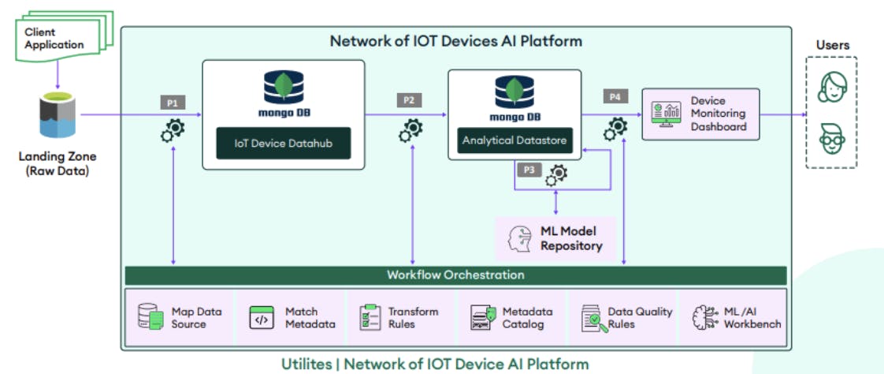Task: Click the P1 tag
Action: pyautogui.click(x=173, y=103)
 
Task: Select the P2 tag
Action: pyautogui.click(x=408, y=101)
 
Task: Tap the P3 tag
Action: pyautogui.click(x=529, y=170)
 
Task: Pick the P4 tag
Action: pyautogui.click(x=616, y=96)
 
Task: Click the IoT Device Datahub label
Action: pyautogui.click(x=284, y=144)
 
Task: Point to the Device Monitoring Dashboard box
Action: pyautogui.click(x=700, y=114)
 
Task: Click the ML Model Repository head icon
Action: pyautogui.click(x=521, y=238)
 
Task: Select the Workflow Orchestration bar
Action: pyautogui.click(x=455, y=275)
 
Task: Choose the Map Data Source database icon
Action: pyautogui.click(x=150, y=318)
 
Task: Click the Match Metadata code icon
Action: pyautogui.click(x=262, y=318)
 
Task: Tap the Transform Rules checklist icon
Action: pyautogui.click(x=370, y=317)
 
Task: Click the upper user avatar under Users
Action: pyautogui.click(x=831, y=86)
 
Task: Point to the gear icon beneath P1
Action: pyautogui.click(x=173, y=128)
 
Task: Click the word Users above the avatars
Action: pyautogui.click(x=832, y=45)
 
